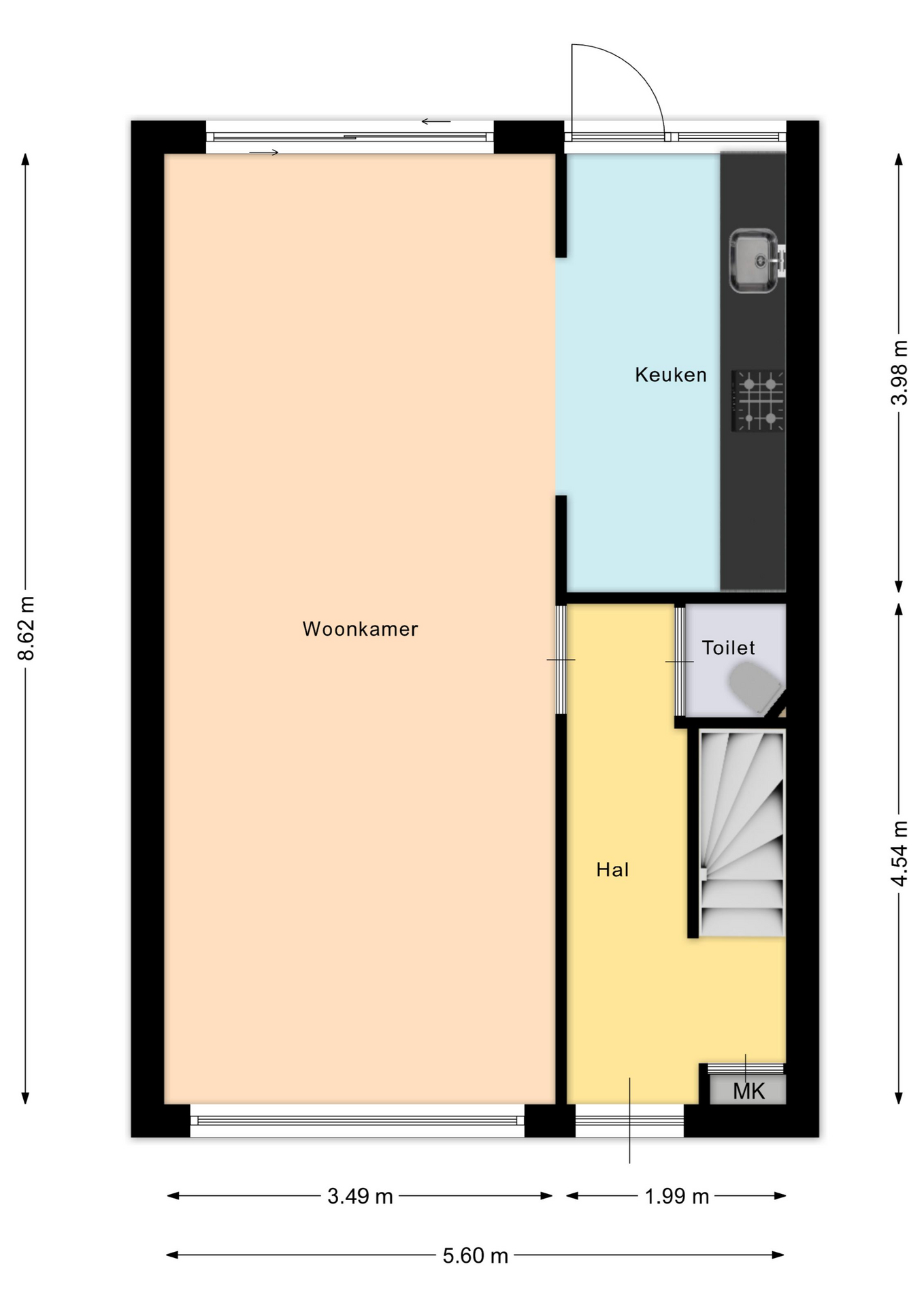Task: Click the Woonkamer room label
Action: click(360, 629)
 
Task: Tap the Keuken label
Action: click(671, 375)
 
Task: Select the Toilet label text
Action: click(728, 648)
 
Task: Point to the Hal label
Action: click(612, 870)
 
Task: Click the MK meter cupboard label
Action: click(748, 1092)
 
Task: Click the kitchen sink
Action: click(754, 261)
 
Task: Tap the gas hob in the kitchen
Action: click(758, 400)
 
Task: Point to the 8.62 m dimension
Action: click(26, 628)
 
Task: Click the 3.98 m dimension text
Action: click(899, 372)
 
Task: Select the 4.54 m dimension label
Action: click(899, 853)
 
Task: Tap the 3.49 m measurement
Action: click(360, 1196)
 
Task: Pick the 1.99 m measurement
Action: click(677, 1196)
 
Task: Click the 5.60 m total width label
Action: click(476, 1255)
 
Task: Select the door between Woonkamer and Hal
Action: click(561, 659)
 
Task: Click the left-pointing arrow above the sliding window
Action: click(436, 122)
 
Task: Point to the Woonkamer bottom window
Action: click(357, 1120)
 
